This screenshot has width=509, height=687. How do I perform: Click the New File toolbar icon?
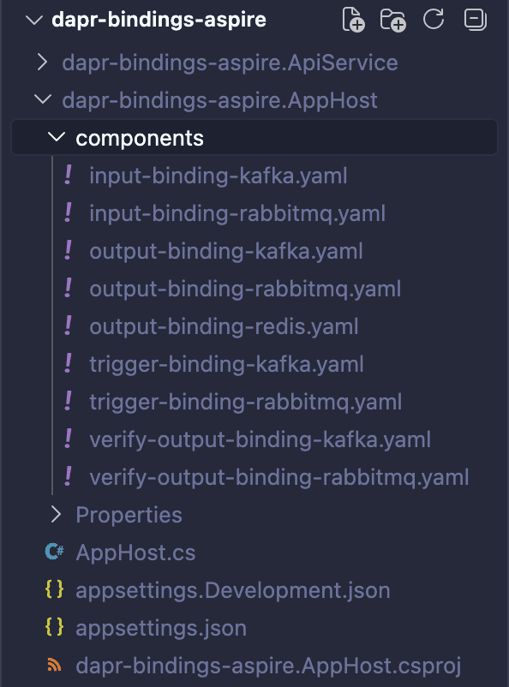353,20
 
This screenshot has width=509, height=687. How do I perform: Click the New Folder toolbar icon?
392,20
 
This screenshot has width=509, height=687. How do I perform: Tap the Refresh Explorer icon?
433,20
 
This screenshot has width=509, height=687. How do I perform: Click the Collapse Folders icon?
476,20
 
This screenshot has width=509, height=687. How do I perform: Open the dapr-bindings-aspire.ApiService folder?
230,63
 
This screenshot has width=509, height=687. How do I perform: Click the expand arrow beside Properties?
56,514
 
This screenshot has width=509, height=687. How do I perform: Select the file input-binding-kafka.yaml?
219,176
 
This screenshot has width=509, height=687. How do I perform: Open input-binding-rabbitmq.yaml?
237,213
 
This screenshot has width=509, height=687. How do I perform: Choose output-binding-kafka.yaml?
226,251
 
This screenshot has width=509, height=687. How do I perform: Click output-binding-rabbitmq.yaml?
245,289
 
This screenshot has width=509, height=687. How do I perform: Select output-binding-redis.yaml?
224,326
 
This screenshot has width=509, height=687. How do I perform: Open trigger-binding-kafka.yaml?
227,364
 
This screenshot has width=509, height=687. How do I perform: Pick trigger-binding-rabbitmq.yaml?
246,402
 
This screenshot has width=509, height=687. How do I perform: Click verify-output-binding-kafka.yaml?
260,439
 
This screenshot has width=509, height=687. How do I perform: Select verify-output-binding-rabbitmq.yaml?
278,477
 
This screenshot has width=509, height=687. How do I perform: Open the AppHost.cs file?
135,553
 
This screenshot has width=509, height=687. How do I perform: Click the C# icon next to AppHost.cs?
54,552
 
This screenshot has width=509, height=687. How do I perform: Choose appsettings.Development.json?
233,590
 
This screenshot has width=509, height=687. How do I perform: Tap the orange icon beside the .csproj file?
54,665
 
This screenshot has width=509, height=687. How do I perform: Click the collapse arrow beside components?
56,138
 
